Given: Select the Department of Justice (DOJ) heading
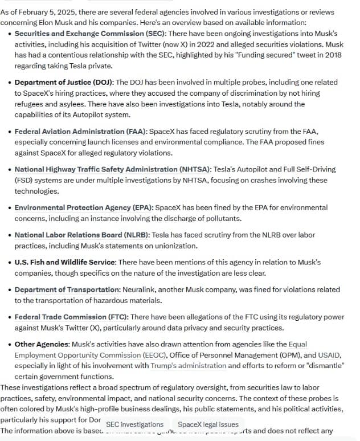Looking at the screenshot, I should pyautogui.click(x=63, y=82).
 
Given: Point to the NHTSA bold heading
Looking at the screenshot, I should pyautogui.click(x=112, y=169).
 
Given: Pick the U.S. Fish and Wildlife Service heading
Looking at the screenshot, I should pyautogui.click(x=65, y=262).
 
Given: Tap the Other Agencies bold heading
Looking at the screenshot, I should pyautogui.click(x=42, y=344).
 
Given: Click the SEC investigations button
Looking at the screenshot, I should pyautogui.click(x=134, y=424).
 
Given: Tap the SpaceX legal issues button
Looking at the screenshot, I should pyautogui.click(x=208, y=424).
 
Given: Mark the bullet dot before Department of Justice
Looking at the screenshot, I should pyautogui.click(x=10, y=83).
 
